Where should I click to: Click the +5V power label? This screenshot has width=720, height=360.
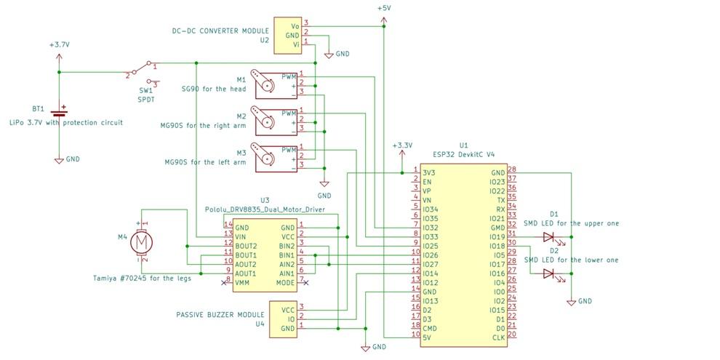pyautogui.click(x=383, y=8)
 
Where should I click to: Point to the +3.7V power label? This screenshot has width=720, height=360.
pyautogui.click(x=60, y=44)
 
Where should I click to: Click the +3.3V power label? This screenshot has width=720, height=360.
pyautogui.click(x=401, y=145)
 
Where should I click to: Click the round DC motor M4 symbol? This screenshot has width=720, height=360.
pyautogui.click(x=143, y=241)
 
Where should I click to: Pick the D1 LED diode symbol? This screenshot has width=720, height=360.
pyautogui.click(x=550, y=236)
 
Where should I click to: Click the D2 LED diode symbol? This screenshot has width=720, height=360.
pyautogui.click(x=550, y=273)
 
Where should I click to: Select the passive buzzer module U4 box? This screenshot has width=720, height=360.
pyautogui.click(x=283, y=319)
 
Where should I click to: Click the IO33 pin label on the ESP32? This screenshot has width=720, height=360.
pyautogui.click(x=430, y=236)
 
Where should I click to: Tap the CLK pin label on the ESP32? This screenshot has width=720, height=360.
pyautogui.click(x=498, y=337)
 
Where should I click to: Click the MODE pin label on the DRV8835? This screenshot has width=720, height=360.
pyautogui.click(x=285, y=282)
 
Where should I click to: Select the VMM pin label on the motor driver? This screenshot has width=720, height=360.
pyautogui.click(x=243, y=282)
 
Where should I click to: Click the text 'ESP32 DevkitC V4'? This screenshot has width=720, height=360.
pyautogui.click(x=463, y=154)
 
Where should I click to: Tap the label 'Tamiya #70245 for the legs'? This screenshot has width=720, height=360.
pyautogui.click(x=143, y=278)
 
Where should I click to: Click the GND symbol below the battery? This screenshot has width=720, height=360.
pyautogui.click(x=60, y=160)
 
